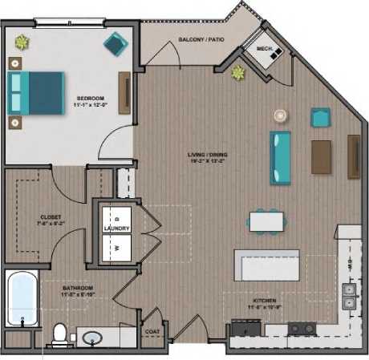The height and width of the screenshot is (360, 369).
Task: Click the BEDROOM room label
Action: click(87, 98)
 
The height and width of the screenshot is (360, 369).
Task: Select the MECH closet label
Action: click(264, 49)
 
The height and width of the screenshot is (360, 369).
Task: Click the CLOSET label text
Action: click(51, 216)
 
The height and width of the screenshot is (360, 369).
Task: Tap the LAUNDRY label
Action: click(116, 229)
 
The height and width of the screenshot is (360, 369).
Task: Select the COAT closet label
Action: click(152, 330)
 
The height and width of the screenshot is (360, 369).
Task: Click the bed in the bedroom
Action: click(35, 93)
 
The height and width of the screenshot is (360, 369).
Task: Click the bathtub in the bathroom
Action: click(22, 299)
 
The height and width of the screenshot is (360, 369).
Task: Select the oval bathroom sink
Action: click(94, 338)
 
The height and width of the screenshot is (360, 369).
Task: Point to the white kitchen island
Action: click(266, 265)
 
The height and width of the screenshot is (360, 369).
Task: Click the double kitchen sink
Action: click(349, 297)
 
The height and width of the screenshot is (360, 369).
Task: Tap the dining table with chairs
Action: click(266, 220)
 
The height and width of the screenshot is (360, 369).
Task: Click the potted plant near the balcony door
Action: click(237, 74)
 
